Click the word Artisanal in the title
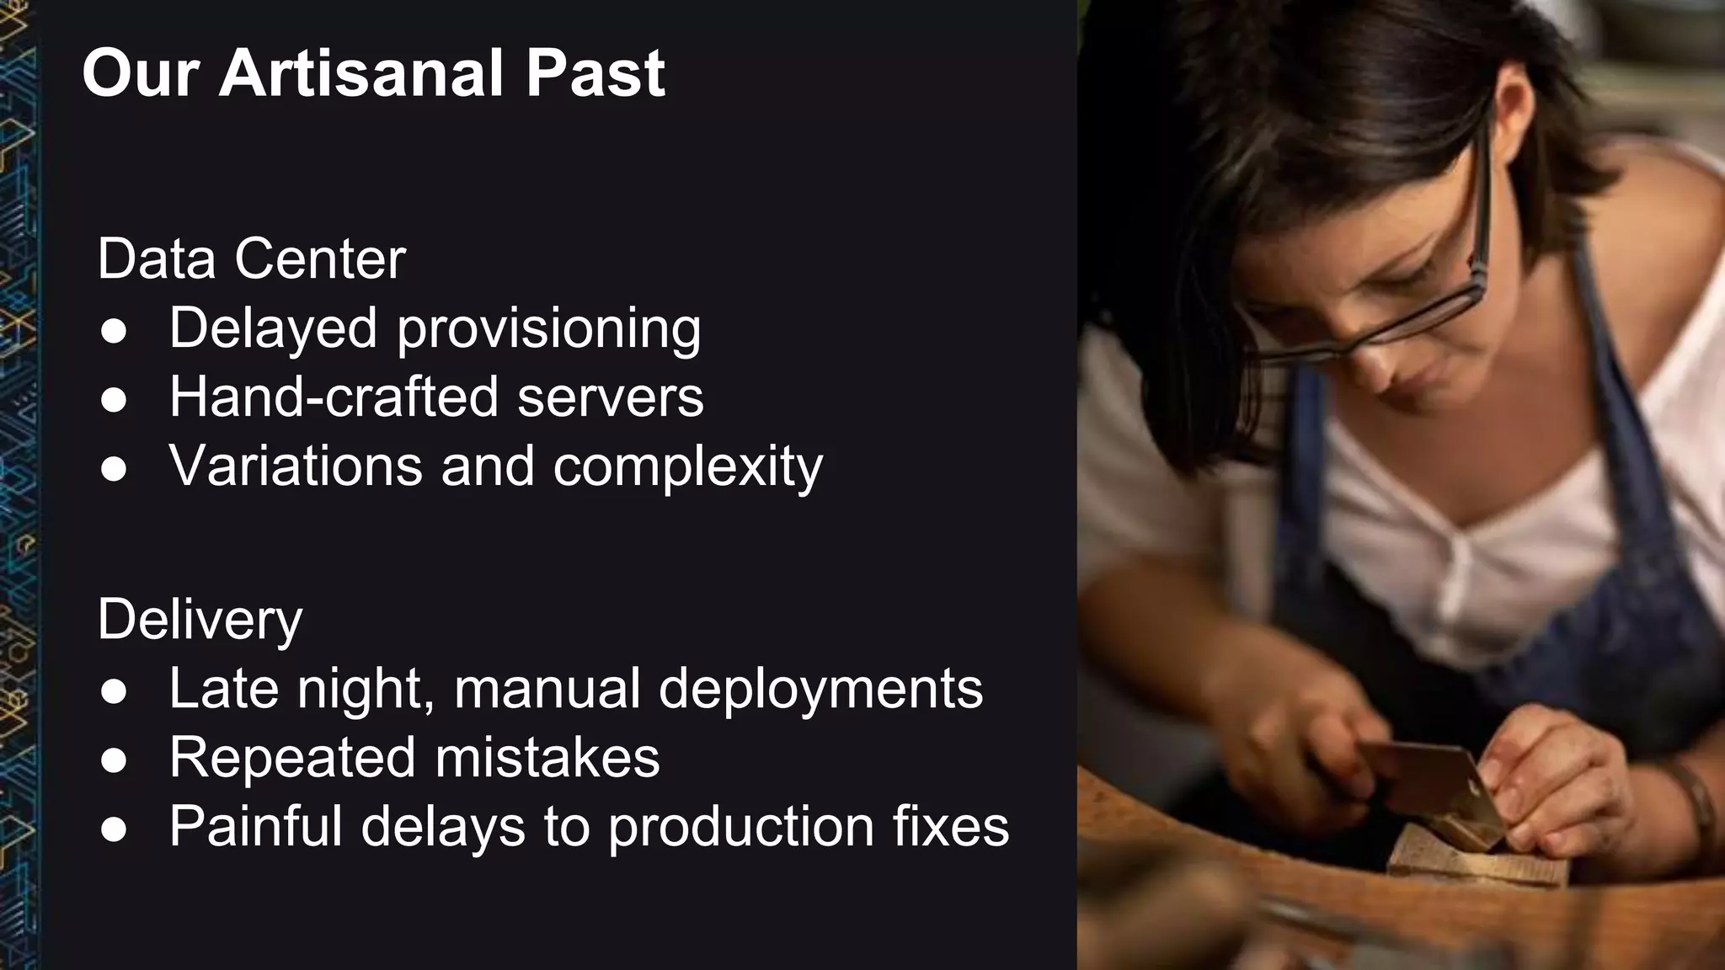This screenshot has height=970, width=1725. pos(363,74)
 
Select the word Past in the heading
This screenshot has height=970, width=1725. pos(595,74)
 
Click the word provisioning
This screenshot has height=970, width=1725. pos(548,328)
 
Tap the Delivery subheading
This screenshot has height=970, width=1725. pos(200,620)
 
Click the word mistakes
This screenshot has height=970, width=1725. pos(547,757)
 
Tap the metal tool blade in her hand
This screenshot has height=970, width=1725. pos(1432,783)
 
